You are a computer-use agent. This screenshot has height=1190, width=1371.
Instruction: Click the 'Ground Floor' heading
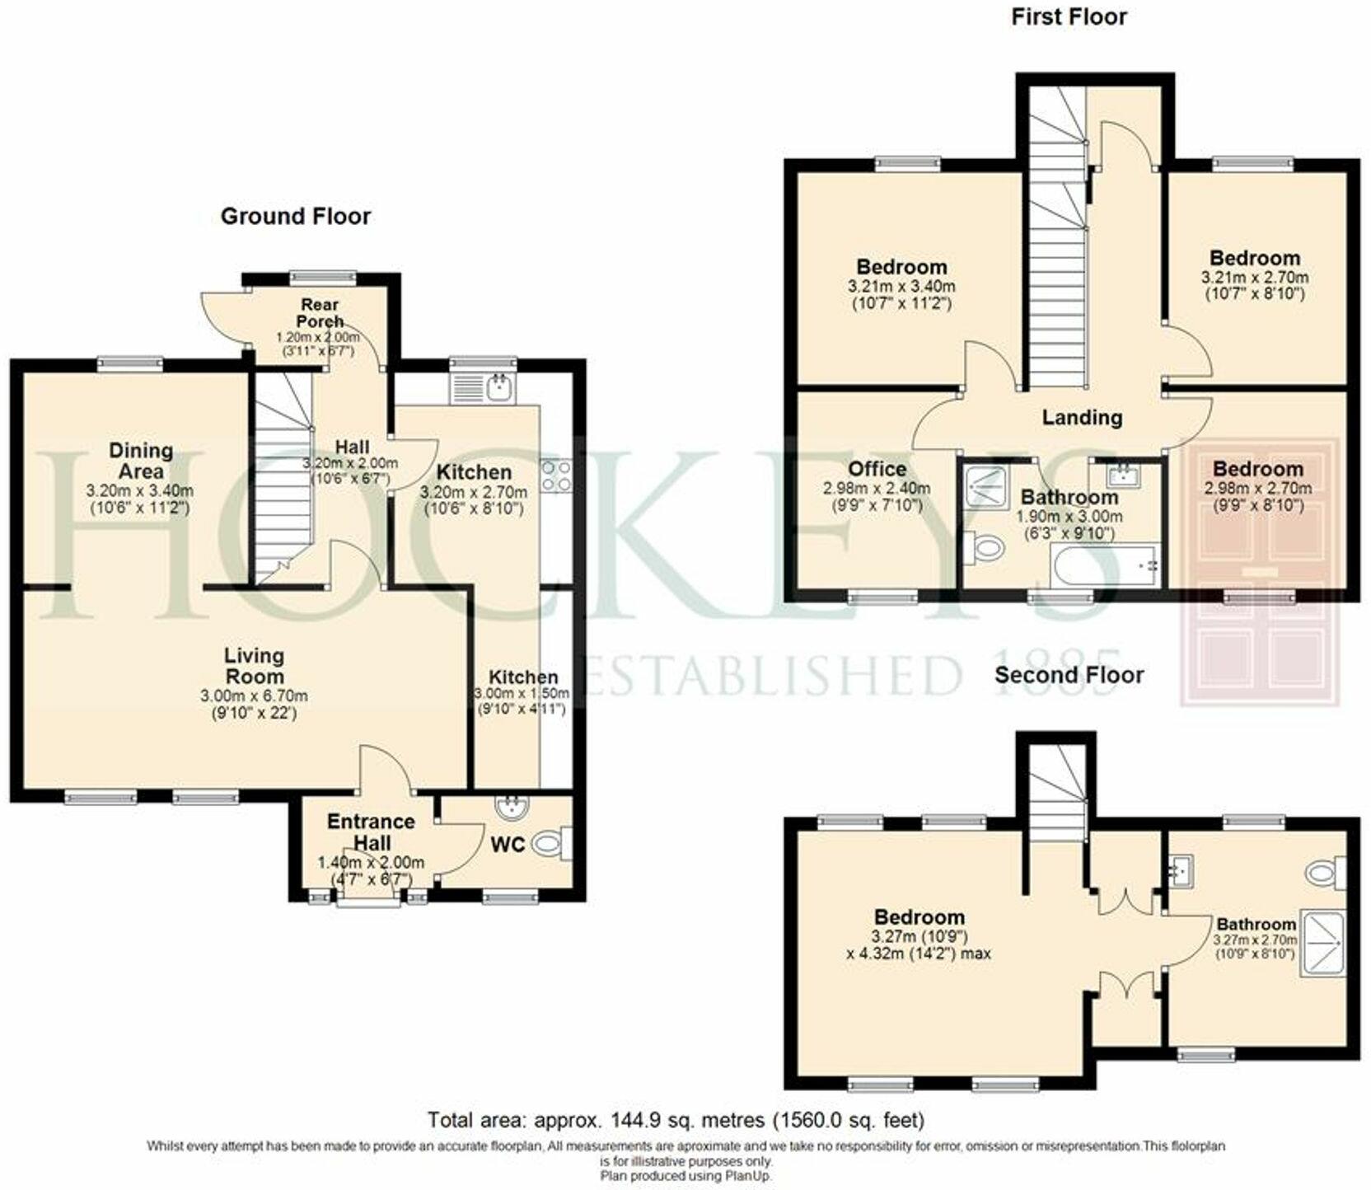(295, 217)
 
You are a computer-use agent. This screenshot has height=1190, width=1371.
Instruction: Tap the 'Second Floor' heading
(1069, 675)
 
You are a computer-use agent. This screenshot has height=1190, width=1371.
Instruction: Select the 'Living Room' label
(254, 666)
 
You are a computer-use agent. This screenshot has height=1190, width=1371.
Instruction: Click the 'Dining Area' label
(141, 461)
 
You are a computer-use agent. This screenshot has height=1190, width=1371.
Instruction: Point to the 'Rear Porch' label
(319, 312)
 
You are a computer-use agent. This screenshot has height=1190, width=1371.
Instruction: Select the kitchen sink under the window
(483, 387)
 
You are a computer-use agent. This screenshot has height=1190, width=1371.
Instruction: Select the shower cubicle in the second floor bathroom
(1322, 944)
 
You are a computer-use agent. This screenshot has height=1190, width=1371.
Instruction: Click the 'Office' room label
(877, 469)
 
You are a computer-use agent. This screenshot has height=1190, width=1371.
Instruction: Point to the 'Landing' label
(1082, 418)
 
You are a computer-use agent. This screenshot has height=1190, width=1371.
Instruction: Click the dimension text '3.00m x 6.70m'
(254, 696)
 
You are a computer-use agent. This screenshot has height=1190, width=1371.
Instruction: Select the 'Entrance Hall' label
(371, 832)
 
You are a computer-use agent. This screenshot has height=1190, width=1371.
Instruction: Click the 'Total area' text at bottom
(676, 1121)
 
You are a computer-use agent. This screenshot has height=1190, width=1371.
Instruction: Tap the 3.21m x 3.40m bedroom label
(901, 267)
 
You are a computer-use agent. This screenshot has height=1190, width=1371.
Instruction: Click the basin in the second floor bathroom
(1181, 868)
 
